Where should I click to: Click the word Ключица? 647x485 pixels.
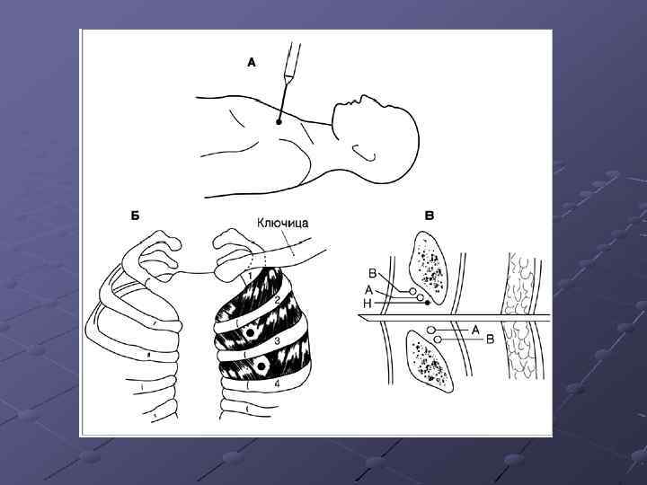click(x=283, y=223)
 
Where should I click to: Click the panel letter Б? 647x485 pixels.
click(x=136, y=216)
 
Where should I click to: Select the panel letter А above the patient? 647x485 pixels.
click(x=252, y=63)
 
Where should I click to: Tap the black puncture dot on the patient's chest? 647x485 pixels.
click(x=279, y=121)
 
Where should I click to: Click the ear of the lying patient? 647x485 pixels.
click(x=364, y=152)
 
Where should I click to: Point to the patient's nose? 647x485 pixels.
click(x=364, y=98)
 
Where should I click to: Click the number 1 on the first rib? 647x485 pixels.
click(x=249, y=273)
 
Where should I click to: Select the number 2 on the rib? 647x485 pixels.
click(x=278, y=300)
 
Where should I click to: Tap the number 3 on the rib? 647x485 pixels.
click(x=278, y=340)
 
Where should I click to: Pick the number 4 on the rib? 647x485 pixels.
click(x=278, y=384)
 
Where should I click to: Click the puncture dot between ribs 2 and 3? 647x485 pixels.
click(x=249, y=333)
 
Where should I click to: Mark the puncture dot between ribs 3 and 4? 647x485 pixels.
click(x=261, y=366)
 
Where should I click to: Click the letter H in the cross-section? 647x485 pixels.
click(x=368, y=304)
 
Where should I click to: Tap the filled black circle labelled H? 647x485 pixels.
click(x=428, y=304)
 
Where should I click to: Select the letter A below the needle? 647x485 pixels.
click(x=475, y=330)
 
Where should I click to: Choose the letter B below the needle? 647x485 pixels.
click(x=491, y=339)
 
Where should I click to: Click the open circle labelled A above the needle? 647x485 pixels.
click(x=420, y=297)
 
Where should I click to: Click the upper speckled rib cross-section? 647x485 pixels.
click(x=428, y=268)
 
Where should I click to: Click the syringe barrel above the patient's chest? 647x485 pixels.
click(x=292, y=61)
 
